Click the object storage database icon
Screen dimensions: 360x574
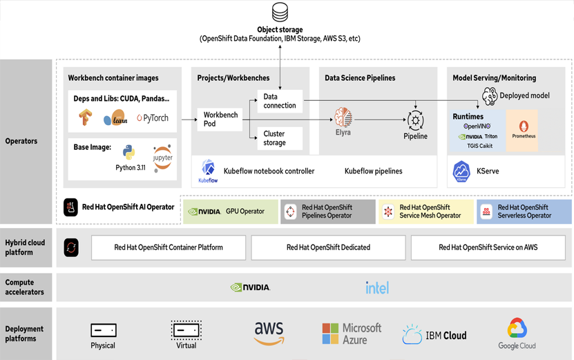(280, 12)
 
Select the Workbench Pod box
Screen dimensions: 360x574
(220, 120)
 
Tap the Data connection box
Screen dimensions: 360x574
(280, 102)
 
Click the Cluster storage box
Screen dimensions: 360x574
(280, 138)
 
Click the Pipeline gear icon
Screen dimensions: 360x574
(415, 120)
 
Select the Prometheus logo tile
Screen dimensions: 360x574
(524, 130)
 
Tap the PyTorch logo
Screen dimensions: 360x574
(153, 118)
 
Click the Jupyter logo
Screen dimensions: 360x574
(162, 158)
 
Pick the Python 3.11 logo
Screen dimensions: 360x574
(128, 153)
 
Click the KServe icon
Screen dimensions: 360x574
(461, 171)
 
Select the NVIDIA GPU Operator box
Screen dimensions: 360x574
(231, 211)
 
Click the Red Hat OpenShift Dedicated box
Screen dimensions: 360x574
(328, 247)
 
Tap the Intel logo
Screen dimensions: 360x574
(377, 287)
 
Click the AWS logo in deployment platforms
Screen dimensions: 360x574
(269, 333)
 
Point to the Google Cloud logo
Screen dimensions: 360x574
(517, 333)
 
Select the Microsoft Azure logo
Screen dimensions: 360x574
(352, 333)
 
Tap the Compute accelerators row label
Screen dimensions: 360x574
(25, 287)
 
